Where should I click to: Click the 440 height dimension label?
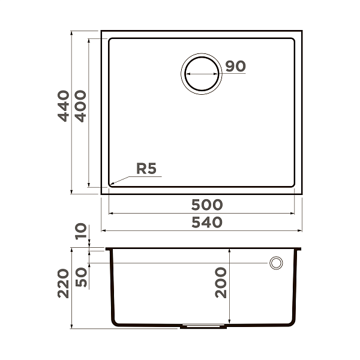(x=64, y=106)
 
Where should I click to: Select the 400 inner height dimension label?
(x=80, y=106)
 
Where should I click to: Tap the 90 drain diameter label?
(x=236, y=66)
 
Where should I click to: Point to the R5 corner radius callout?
(x=146, y=169)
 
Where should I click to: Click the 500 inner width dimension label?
(x=207, y=205)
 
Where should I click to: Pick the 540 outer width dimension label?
(x=207, y=222)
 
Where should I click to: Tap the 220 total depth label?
(x=64, y=284)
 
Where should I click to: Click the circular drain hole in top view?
(x=202, y=74)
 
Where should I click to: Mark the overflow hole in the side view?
(x=276, y=263)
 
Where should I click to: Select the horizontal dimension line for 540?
(x=201, y=230)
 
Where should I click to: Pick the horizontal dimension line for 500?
(x=201, y=213)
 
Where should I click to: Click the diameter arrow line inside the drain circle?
(x=202, y=74)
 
